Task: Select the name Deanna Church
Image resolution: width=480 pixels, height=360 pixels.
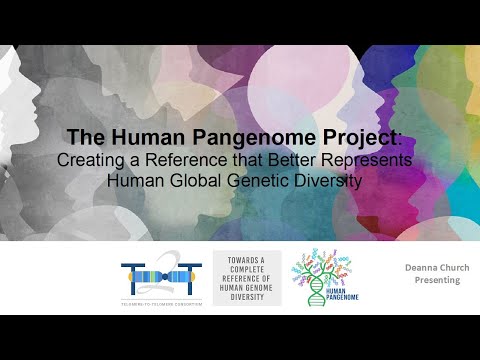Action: click(432, 268)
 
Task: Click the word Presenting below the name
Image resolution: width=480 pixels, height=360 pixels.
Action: click(432, 281)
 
